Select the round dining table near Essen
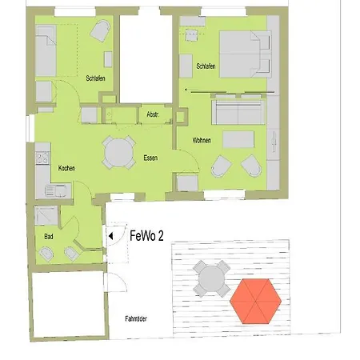(118, 150)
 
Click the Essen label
(150, 158)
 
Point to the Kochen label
(67, 168)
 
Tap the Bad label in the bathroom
(49, 237)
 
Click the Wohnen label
(202, 141)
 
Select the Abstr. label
(153, 116)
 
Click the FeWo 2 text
(147, 237)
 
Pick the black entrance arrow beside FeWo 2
(111, 236)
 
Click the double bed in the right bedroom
(244, 54)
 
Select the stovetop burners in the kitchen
(41, 157)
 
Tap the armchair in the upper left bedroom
(100, 31)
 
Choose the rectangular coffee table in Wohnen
(238, 140)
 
